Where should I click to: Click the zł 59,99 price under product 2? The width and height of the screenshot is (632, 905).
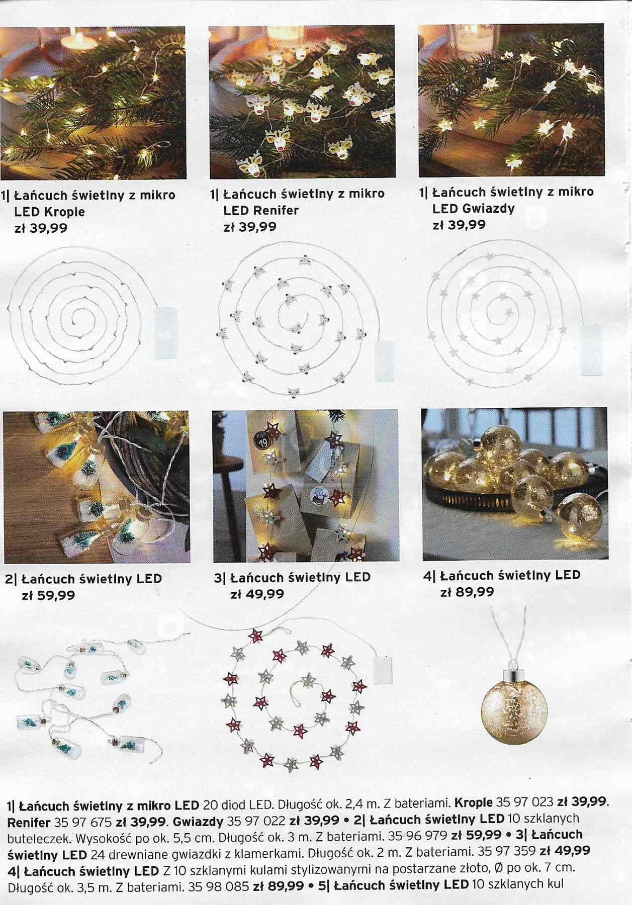coord(48,595)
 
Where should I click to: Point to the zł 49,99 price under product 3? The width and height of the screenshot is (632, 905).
coord(257,594)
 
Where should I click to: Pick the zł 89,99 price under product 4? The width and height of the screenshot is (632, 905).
coord(467,592)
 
